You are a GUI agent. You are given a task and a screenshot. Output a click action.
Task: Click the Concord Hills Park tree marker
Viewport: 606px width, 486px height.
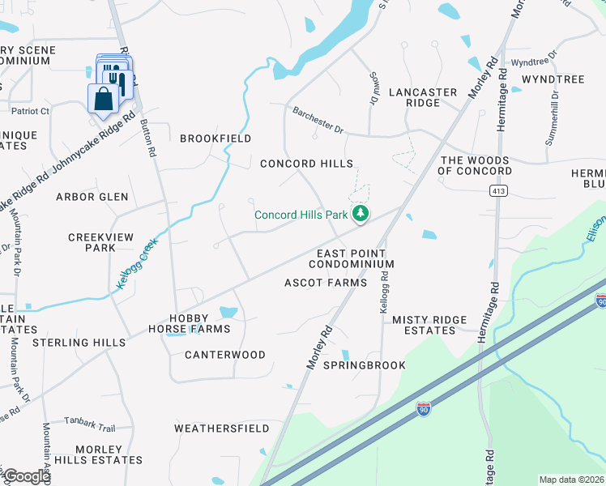pyautogui.click(x=361, y=214)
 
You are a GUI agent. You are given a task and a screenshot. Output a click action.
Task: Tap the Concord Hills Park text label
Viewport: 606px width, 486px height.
pyautogui.click(x=301, y=215)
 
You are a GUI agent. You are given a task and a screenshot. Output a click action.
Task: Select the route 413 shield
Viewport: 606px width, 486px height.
pyautogui.click(x=497, y=190)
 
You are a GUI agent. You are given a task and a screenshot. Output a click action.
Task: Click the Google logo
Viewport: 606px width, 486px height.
pyautogui.click(x=26, y=476)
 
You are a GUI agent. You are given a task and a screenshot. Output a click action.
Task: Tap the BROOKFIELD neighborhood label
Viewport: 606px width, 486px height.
pyautogui.click(x=216, y=139)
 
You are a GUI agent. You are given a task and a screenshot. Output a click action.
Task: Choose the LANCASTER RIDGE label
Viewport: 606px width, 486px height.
pyautogui.click(x=423, y=98)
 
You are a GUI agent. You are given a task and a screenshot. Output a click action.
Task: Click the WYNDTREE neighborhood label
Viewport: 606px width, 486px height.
pyautogui.click(x=553, y=79)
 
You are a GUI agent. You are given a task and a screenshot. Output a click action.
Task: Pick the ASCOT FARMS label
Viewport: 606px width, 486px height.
pyautogui.click(x=326, y=283)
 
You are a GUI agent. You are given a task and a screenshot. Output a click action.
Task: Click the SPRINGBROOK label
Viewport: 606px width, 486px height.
pyautogui.click(x=365, y=365)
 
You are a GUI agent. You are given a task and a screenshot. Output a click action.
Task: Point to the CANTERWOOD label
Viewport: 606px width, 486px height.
pyautogui.click(x=225, y=355)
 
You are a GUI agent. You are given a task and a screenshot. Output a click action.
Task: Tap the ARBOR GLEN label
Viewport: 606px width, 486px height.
pyautogui.click(x=92, y=197)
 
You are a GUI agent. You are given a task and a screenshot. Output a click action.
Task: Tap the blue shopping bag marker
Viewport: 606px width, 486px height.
pyautogui.click(x=103, y=100)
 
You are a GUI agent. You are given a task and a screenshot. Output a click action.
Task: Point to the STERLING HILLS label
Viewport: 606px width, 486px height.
pyautogui.click(x=79, y=343)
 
